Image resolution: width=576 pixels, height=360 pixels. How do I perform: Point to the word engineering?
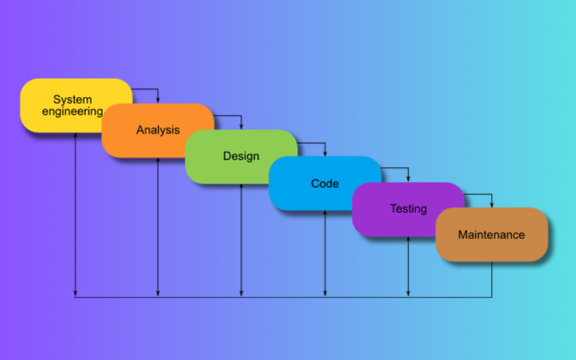[72, 112]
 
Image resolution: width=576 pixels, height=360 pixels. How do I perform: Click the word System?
[72, 99]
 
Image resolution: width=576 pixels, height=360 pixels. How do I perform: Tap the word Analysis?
[158, 130]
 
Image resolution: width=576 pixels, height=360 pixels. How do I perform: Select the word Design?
[241, 156]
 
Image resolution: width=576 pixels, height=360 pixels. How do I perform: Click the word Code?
[325, 184]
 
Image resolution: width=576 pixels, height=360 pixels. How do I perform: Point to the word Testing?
[408, 209]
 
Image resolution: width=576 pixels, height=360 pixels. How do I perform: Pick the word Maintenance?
[492, 235]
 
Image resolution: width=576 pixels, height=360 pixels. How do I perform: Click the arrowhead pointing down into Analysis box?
[158, 100]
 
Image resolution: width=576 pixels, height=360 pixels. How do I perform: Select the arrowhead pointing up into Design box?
[241, 187]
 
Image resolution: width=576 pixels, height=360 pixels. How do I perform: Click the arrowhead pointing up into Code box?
[325, 214]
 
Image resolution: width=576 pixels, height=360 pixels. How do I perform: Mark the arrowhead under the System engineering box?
[75, 137]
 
